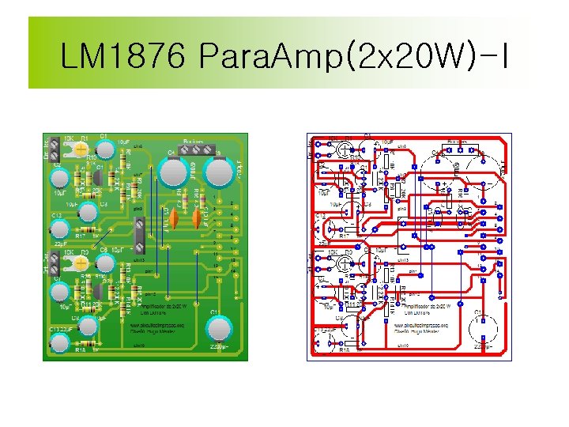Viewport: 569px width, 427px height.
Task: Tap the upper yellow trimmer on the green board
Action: point(81,148)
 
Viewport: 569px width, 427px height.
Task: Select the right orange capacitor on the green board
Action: point(193,217)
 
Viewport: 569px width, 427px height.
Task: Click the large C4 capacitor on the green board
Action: point(173,170)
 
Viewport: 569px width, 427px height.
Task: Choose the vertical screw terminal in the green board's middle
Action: point(140,232)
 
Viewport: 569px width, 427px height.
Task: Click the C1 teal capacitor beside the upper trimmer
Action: point(102,147)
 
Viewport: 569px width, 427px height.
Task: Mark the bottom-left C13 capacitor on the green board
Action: point(59,342)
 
